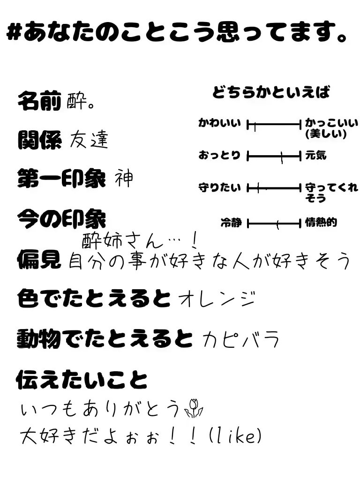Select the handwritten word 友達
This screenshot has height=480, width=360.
(89, 139)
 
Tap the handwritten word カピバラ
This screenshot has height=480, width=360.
(241, 338)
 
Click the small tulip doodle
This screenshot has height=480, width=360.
(194, 409)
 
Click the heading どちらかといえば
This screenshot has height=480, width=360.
(271, 92)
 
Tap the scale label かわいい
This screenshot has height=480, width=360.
(219, 124)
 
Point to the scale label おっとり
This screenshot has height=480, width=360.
(219, 155)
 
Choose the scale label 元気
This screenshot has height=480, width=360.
(315, 155)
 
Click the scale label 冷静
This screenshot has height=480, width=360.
(231, 223)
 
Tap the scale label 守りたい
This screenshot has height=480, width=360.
(219, 188)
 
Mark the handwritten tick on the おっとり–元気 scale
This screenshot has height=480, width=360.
(282, 157)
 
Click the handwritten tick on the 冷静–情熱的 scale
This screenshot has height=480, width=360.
(277, 225)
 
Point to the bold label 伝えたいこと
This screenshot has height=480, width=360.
(82, 379)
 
